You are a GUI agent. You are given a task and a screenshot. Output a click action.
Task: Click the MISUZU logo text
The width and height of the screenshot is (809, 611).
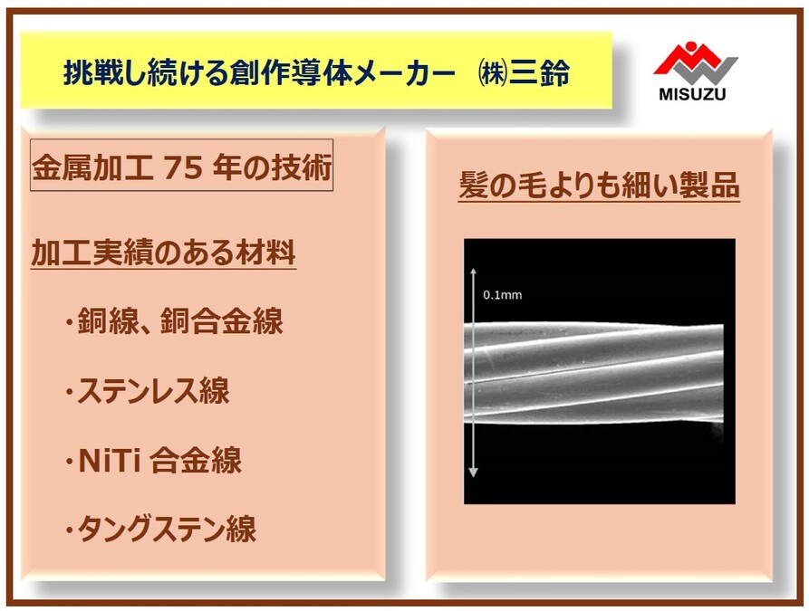pyautogui.click(x=692, y=94)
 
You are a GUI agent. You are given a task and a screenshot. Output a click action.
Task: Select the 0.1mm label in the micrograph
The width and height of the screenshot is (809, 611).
pyautogui.click(x=502, y=295)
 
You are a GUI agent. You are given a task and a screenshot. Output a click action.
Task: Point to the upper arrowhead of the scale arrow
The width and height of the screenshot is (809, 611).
pyautogui.click(x=473, y=272)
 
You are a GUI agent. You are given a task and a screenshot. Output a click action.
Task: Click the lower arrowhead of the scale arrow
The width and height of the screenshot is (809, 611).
pyautogui.click(x=473, y=472)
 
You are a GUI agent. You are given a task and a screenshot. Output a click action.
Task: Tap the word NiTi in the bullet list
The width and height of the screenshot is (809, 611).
pyautogui.click(x=110, y=460)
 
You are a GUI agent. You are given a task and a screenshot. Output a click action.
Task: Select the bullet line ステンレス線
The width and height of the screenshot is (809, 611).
pyautogui.click(x=148, y=391)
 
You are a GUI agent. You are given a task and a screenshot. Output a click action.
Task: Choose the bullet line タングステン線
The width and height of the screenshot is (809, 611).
pyautogui.click(x=160, y=529)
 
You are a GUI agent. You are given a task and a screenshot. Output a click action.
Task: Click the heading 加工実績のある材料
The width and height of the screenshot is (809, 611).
pyautogui.click(x=163, y=253)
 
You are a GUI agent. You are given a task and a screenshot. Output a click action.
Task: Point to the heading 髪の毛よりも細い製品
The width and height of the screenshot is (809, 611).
pyautogui.click(x=599, y=185)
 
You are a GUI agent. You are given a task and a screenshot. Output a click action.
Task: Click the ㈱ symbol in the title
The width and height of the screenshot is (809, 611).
pyautogui.click(x=492, y=72)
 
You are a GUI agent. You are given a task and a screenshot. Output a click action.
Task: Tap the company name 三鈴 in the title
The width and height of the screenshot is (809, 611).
pyautogui.click(x=540, y=72)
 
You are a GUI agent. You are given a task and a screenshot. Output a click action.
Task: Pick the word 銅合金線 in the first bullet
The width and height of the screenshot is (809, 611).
pyautogui.click(x=222, y=321)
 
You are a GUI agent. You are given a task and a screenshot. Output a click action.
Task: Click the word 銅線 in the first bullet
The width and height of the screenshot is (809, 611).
pyautogui.click(x=109, y=321)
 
